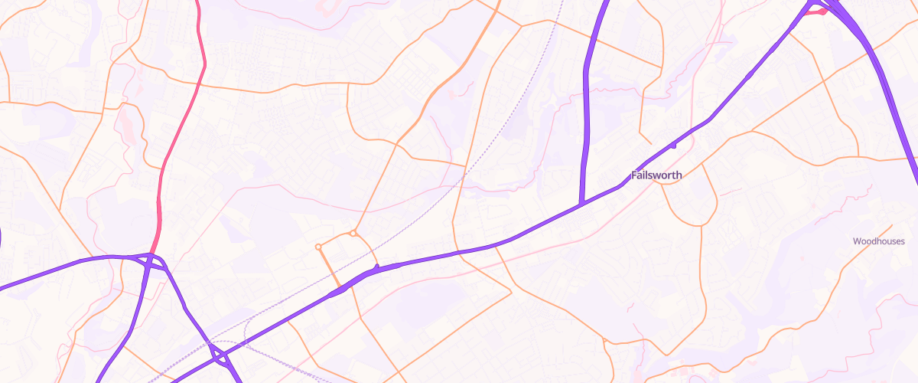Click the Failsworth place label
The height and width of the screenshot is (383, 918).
click(x=656, y=175)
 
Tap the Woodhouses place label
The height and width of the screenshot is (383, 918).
click(x=879, y=241)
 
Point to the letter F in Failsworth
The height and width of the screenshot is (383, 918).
click(x=634, y=175)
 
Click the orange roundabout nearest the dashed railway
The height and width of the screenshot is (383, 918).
click(x=353, y=233)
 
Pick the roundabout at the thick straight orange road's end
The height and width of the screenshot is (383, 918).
click(x=318, y=247)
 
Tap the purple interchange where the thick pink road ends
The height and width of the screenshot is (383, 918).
click(x=153, y=260)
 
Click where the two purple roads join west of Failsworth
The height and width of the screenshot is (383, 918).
click(x=581, y=204)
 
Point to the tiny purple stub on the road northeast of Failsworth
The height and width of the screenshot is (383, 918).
click(x=674, y=145)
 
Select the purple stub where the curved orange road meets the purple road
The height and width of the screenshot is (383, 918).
click(x=376, y=268)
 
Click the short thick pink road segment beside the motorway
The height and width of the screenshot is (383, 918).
click(x=817, y=11)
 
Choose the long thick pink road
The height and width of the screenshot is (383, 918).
click(x=184, y=123)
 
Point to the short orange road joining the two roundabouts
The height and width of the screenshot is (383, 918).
click(x=336, y=240)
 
